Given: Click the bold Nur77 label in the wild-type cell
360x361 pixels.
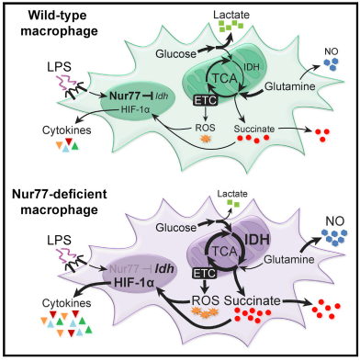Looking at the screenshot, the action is point(125,96).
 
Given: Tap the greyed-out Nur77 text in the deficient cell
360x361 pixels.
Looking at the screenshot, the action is point(123,269).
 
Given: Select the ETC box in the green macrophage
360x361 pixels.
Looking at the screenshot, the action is point(205,100).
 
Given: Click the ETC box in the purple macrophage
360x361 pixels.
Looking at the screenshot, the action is point(205,273).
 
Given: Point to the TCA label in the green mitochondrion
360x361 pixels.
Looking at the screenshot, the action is point(225,79).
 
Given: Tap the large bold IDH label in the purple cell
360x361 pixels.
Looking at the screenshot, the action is point(257,239).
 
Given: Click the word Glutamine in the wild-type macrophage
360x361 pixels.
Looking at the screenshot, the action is point(289,86).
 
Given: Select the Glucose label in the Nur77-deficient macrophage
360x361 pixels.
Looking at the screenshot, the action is point(175,227).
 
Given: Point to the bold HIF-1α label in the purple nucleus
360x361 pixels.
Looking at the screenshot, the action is point(133,282).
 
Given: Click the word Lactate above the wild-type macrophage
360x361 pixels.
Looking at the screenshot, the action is point(231,15).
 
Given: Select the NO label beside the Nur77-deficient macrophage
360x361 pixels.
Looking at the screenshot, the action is point(335,220).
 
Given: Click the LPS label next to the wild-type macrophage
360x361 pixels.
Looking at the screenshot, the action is point(59,67).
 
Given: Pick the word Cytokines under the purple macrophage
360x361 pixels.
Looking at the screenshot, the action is point(67,303).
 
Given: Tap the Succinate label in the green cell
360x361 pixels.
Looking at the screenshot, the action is point(254,129).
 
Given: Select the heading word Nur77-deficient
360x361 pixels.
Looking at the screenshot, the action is point(60,195).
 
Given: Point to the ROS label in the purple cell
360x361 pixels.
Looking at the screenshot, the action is point(206,300).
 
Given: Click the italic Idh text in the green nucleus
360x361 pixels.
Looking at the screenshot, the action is point(161,96).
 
